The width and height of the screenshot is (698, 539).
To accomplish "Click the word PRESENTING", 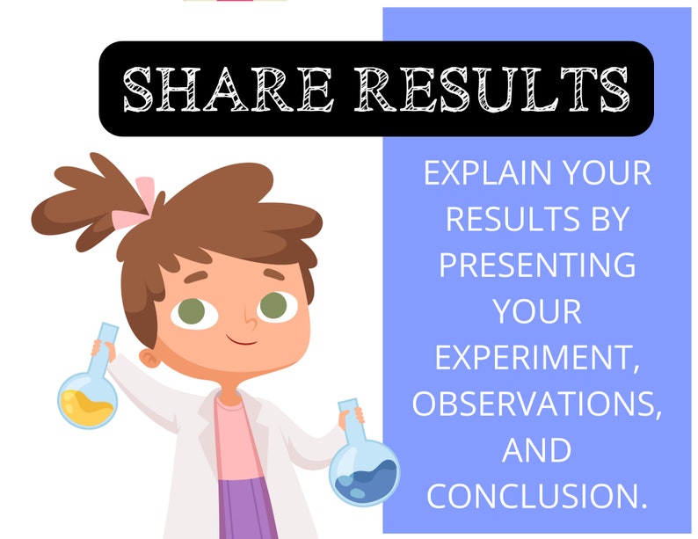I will pos(537,264).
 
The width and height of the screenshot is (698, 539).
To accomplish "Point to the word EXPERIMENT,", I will pos(537,357).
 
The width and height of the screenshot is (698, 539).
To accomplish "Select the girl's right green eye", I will pos(273,305).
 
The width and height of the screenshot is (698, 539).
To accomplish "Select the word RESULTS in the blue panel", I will pos(504,219).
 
